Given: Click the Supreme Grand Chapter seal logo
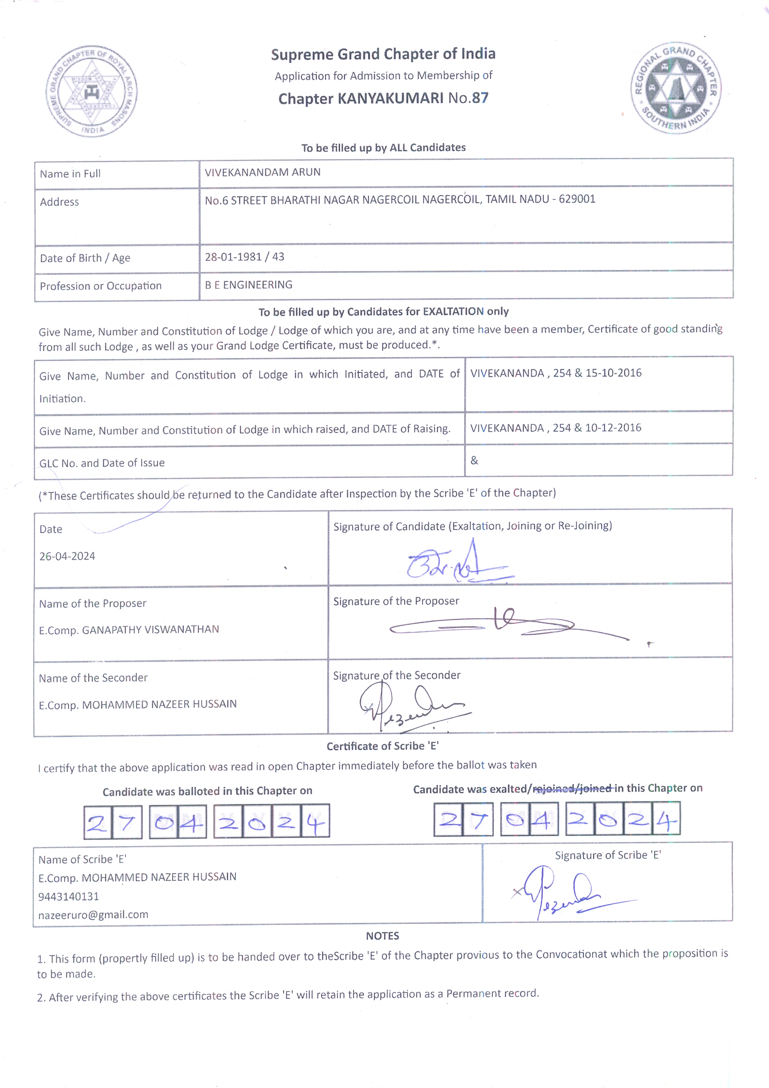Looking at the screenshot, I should coord(91,91).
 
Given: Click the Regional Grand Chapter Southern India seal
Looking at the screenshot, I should coord(676,88).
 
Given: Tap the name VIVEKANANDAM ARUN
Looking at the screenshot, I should coord(263,172).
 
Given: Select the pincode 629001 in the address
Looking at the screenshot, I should coord(577,199).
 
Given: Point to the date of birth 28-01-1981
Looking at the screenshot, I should coord(233,257).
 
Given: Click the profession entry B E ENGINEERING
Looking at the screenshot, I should coord(248,285).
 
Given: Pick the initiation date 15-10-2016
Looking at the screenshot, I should coord(613,373).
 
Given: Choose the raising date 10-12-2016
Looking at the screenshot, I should coord(613,428).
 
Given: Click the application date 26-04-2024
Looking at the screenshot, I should coord(67,556).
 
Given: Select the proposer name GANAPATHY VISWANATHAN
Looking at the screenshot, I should coord(150,629).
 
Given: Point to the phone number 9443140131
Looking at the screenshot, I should coord(69,896).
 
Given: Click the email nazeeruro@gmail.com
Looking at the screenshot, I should coord(93,914).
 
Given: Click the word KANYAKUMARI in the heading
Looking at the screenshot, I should coord(390,98).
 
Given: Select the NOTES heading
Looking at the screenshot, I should coord(382,936).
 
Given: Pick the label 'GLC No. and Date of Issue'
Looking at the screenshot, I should coord(102,462).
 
